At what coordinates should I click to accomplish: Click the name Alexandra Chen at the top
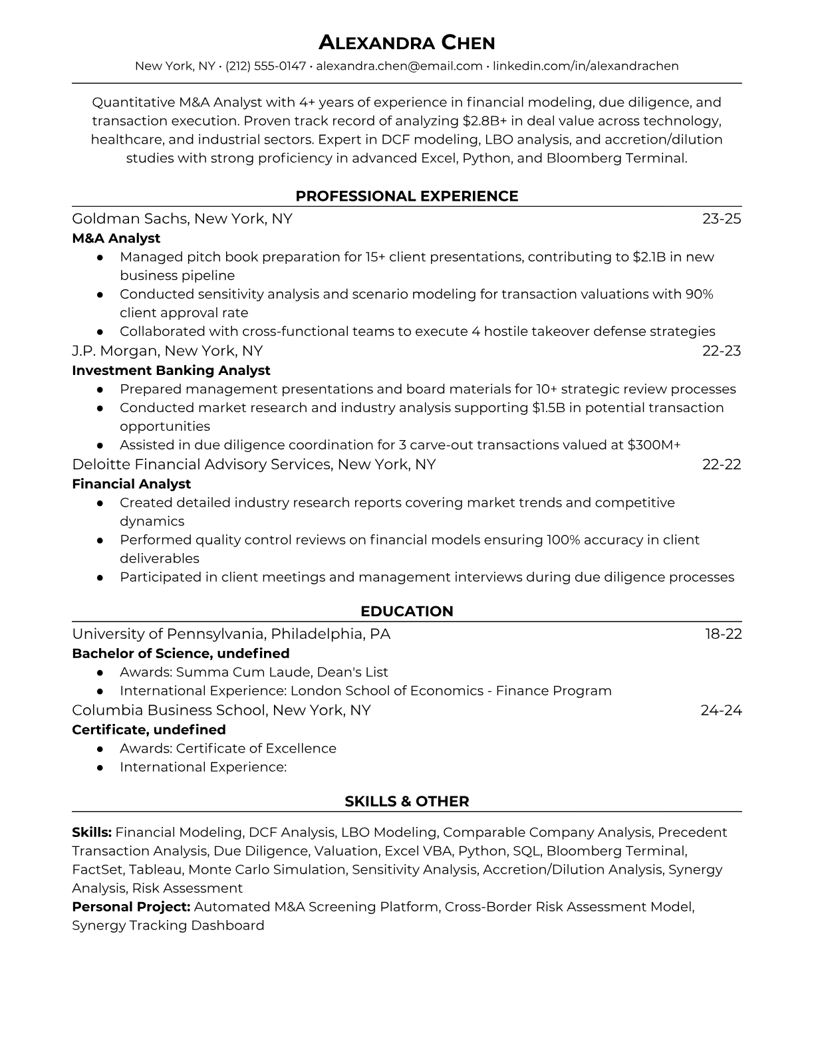(406, 43)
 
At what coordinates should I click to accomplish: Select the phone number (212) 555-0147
(265, 66)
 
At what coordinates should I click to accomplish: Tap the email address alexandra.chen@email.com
(399, 66)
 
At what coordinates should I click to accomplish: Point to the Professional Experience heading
(406, 196)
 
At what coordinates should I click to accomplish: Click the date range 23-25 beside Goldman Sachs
(722, 219)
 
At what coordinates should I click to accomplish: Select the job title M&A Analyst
(116, 238)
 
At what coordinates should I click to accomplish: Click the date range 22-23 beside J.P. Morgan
(722, 351)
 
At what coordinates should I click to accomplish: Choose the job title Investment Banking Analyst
(171, 370)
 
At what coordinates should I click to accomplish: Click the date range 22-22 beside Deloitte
(722, 464)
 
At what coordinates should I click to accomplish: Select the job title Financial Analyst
(131, 484)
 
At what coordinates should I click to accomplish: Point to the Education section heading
(406, 612)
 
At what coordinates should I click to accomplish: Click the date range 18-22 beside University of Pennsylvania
(723, 634)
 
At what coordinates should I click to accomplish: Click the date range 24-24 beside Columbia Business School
(721, 710)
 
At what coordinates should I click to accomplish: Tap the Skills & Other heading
(406, 802)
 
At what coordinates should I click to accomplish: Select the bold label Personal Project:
(131, 907)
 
